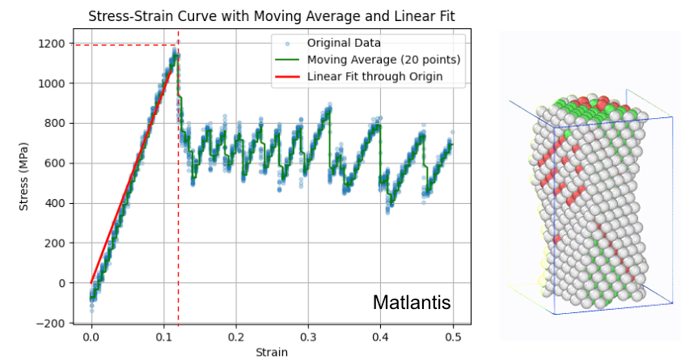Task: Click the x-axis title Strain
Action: [272, 352]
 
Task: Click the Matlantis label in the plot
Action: [412, 303]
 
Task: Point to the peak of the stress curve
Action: [175, 51]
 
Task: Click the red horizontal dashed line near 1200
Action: [121, 44]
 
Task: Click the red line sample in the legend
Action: [286, 77]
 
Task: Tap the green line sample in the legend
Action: [286, 60]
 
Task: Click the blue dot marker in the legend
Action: [286, 43]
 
